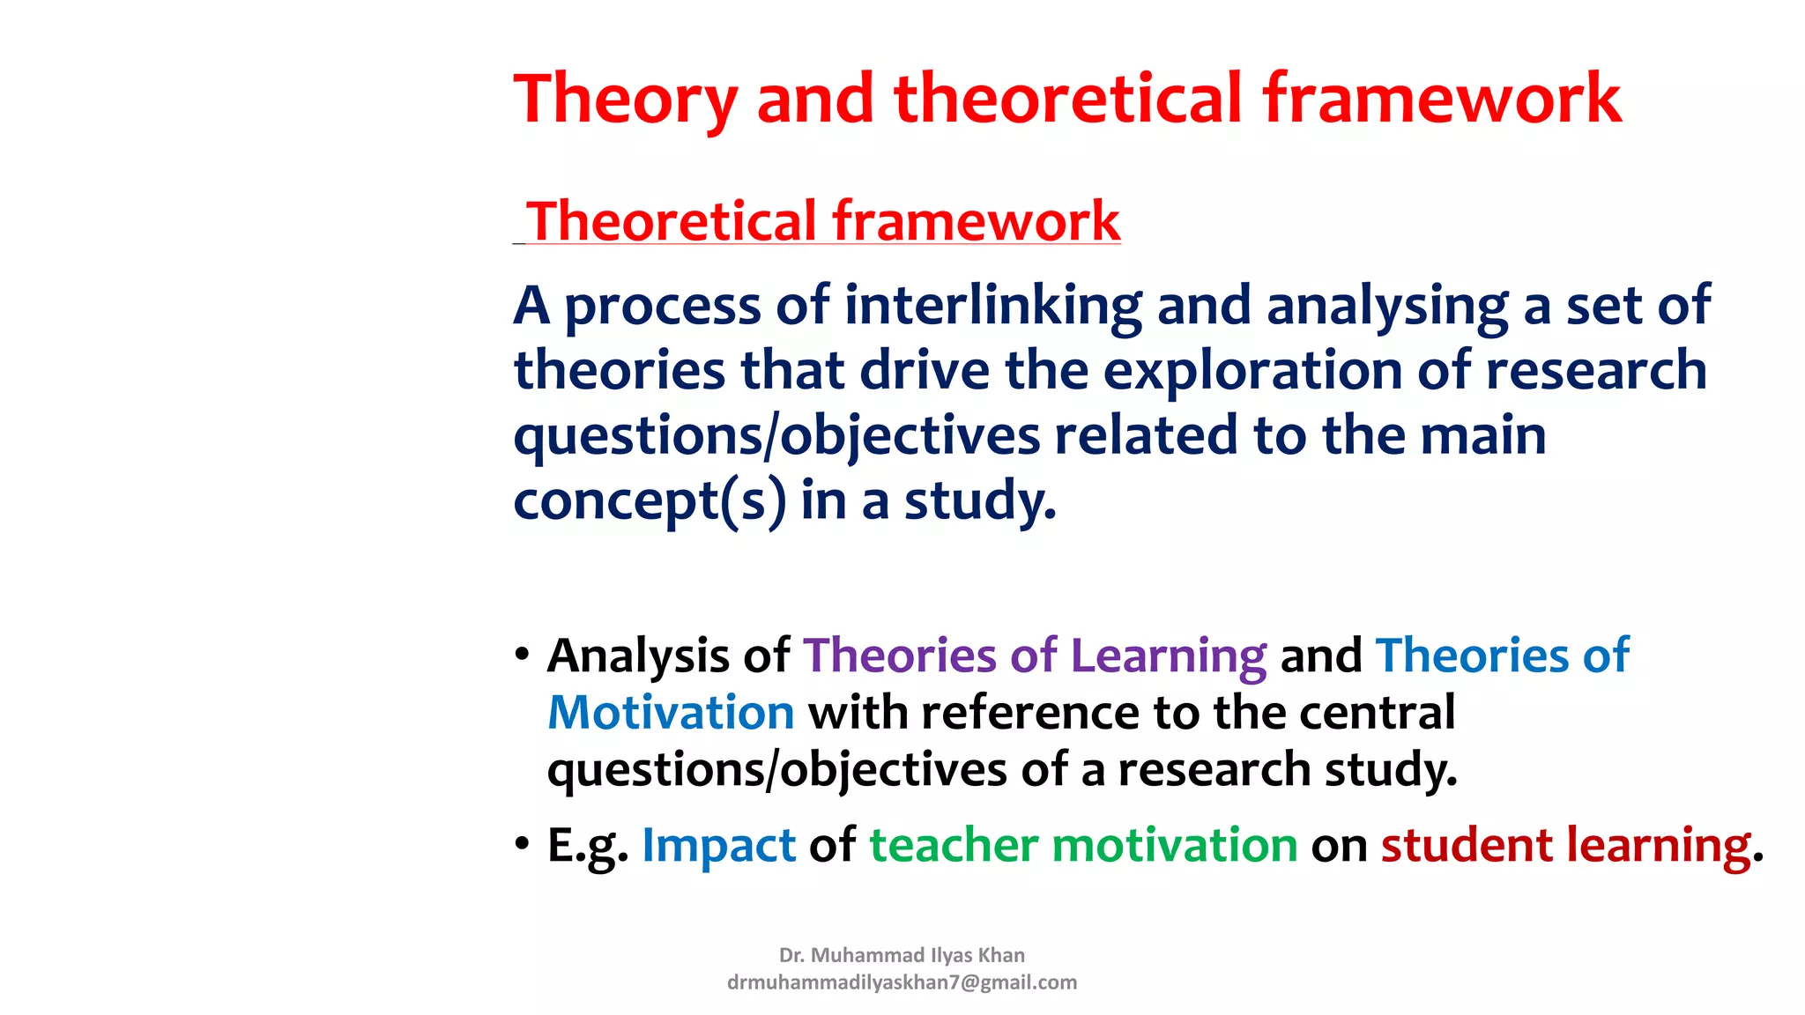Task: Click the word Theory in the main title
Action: (625, 100)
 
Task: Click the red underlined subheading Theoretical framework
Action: (822, 220)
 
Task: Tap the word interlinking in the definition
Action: (992, 306)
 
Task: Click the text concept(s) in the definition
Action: (650, 501)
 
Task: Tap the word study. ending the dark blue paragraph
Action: (980, 501)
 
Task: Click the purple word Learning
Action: (1168, 656)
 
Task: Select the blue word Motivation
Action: (671, 713)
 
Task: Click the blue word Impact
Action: (718, 847)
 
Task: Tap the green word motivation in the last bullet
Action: (1175, 846)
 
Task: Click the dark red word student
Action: (1467, 846)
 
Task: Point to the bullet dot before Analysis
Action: (523, 656)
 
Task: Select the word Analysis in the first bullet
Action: (638, 656)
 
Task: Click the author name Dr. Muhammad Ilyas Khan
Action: (902, 955)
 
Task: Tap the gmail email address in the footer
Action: (902, 982)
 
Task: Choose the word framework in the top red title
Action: (1442, 99)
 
